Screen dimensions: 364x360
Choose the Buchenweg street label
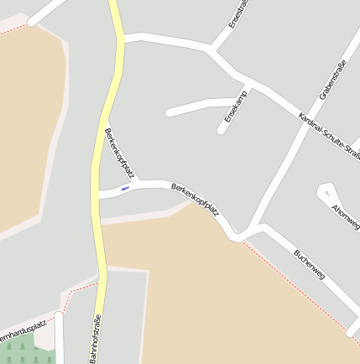tap(309, 263)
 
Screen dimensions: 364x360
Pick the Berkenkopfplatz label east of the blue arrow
tap(195, 199)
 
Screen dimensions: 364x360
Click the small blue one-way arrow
tap(125, 189)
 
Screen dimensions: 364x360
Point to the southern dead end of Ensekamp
tap(221, 130)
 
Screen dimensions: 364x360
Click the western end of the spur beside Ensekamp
tap(169, 112)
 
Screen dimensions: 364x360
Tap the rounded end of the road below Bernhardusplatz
tap(59, 316)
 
